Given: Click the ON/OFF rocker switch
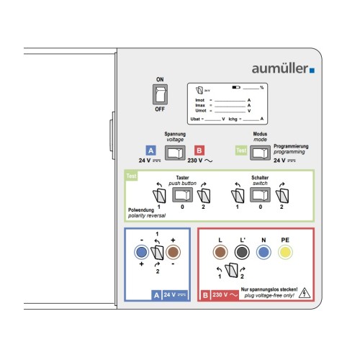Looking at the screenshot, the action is pos(160,94).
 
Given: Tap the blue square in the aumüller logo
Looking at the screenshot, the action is pos(312,71).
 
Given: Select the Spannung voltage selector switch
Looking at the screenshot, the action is pos(175,153).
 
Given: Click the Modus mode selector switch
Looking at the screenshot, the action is pos(260,153).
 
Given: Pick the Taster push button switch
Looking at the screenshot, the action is pos(182,194).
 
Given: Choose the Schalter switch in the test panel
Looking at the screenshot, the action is pos(260,194).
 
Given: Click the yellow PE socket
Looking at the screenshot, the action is pos(285,252).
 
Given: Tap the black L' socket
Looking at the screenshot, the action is pos(242,252).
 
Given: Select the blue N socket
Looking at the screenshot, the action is pos(264,252).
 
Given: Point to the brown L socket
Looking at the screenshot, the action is pos(220,252).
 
